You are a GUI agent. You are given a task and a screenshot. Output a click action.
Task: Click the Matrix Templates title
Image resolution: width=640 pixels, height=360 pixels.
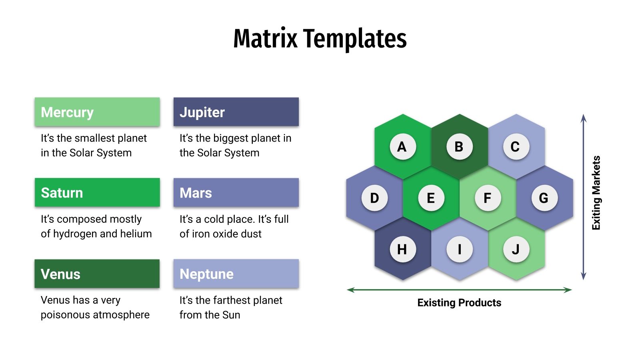pos(320,39)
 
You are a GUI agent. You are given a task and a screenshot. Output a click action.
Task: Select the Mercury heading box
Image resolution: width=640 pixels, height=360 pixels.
pos(97,112)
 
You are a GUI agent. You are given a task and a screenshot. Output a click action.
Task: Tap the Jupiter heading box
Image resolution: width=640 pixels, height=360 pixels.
pos(236,112)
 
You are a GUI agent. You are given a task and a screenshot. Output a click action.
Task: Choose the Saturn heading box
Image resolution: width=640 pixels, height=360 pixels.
pos(97,192)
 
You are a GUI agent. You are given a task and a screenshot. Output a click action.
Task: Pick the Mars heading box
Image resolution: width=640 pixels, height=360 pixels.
pos(236,192)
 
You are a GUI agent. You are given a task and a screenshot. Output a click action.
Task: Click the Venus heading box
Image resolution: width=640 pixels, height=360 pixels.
pos(97,274)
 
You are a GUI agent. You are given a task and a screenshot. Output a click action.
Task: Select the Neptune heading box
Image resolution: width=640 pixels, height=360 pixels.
pos(236,274)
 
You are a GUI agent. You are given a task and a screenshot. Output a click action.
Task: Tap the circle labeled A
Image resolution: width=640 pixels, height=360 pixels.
pos(402,147)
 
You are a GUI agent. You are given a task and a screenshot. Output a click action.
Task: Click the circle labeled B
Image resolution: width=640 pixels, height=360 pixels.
pos(459,147)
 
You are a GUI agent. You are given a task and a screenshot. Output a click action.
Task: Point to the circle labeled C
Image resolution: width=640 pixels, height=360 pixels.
pos(516,147)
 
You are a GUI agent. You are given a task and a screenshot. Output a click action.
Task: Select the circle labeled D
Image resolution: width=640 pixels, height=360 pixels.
pos(374,198)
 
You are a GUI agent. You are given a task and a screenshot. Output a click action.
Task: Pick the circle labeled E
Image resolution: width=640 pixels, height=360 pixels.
pos(431,198)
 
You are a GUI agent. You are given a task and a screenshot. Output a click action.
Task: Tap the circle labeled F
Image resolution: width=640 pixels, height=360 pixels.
pos(488,198)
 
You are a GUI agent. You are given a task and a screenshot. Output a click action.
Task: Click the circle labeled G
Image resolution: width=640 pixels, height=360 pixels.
pos(544,198)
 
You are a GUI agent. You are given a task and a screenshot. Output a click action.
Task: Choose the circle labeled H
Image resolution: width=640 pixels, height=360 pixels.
pos(402,249)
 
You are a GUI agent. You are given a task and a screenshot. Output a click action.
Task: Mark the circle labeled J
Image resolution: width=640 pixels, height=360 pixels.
pos(516,249)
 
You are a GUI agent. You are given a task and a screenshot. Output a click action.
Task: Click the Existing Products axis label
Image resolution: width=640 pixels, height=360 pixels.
pos(459,303)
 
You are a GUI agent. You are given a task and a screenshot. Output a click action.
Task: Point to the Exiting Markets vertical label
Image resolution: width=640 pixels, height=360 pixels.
pos(596,193)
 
